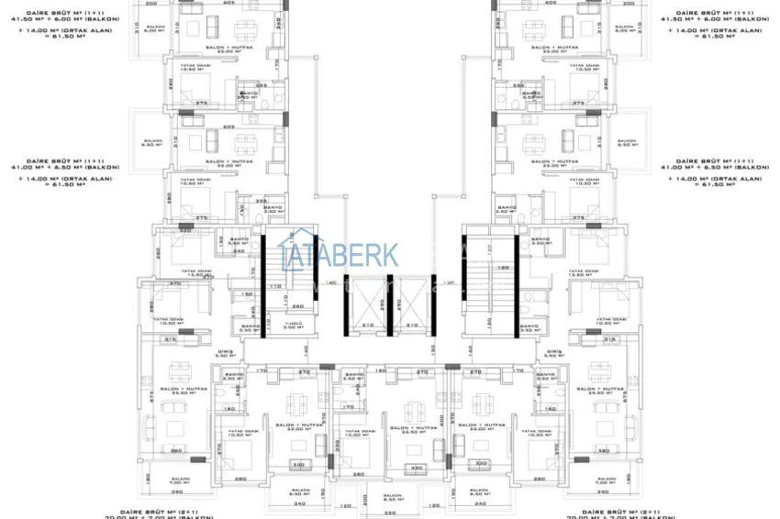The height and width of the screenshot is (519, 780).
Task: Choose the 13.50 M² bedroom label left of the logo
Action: click(x=184, y=271)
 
